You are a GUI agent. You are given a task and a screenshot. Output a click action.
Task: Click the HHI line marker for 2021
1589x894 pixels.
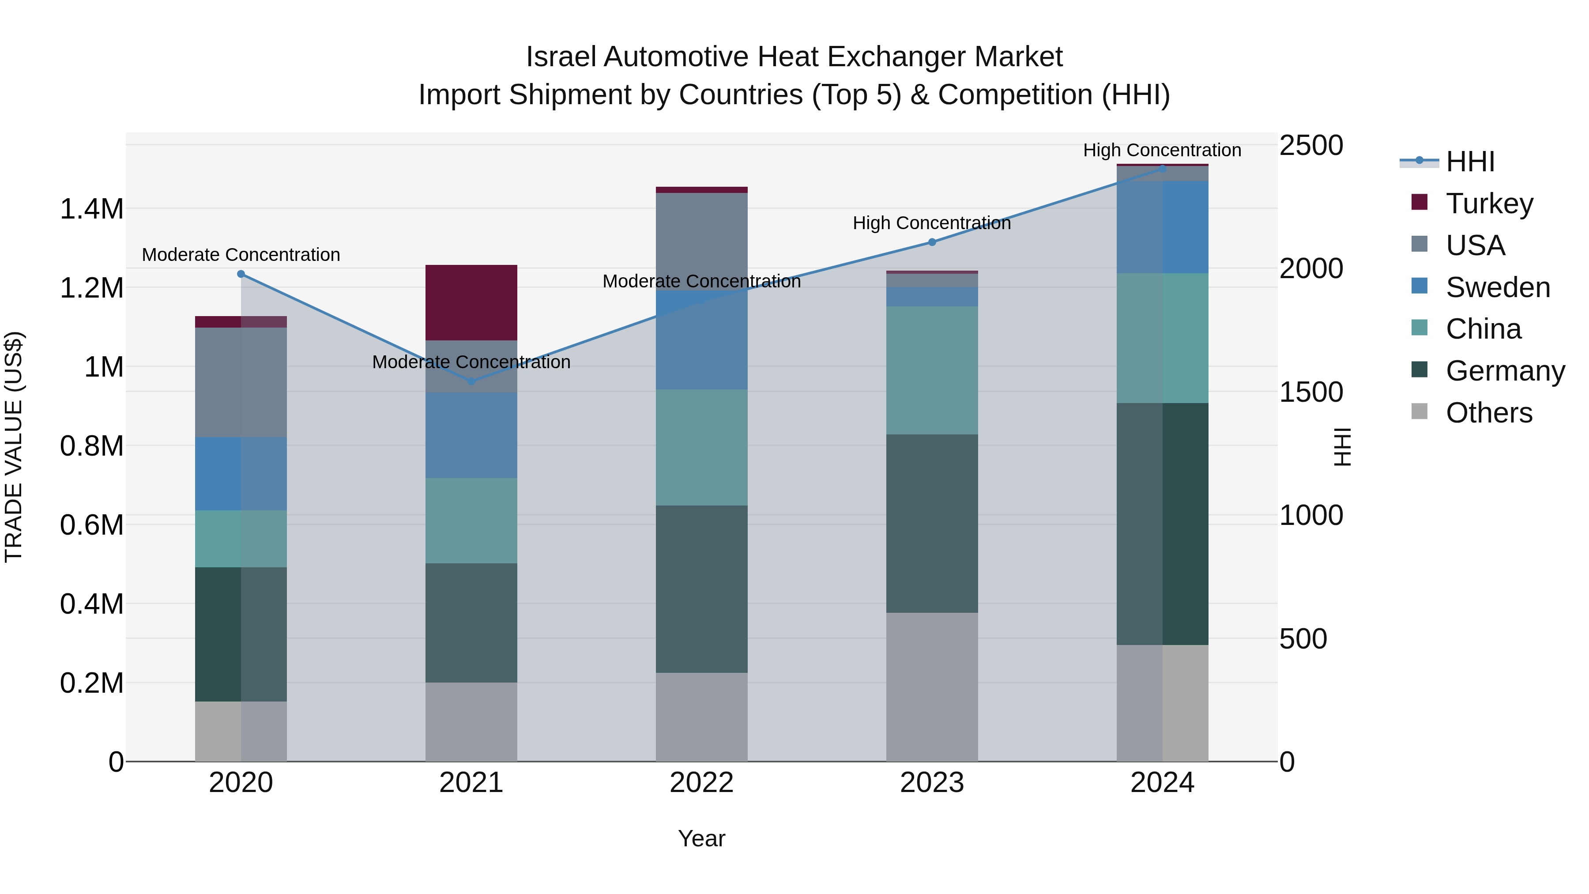point(471,381)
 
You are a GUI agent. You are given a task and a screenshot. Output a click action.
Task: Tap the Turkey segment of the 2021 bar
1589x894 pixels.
point(471,302)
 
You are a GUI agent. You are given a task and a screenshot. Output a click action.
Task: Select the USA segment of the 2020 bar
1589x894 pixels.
point(241,382)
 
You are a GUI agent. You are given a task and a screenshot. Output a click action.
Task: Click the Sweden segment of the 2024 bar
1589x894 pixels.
point(1162,227)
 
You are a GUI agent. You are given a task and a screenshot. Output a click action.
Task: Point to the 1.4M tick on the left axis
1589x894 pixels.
point(91,209)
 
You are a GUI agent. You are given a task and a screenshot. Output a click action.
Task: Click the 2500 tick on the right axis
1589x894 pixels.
point(1311,146)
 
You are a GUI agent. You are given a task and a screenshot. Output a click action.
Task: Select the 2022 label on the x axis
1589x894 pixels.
point(701,783)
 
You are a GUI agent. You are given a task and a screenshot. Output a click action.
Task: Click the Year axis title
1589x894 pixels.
point(701,838)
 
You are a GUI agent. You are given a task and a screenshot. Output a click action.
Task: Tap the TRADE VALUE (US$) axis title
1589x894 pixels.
point(14,447)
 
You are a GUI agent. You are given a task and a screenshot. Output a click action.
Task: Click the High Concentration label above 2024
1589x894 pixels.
point(1162,150)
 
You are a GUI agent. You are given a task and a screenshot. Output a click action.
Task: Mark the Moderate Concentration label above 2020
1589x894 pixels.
point(241,254)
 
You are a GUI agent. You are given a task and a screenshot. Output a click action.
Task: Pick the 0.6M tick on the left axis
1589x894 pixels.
point(91,525)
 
